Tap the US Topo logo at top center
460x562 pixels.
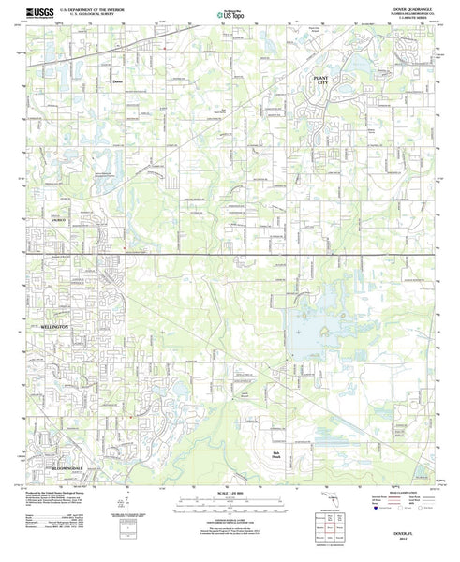pyautogui.click(x=229, y=13)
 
